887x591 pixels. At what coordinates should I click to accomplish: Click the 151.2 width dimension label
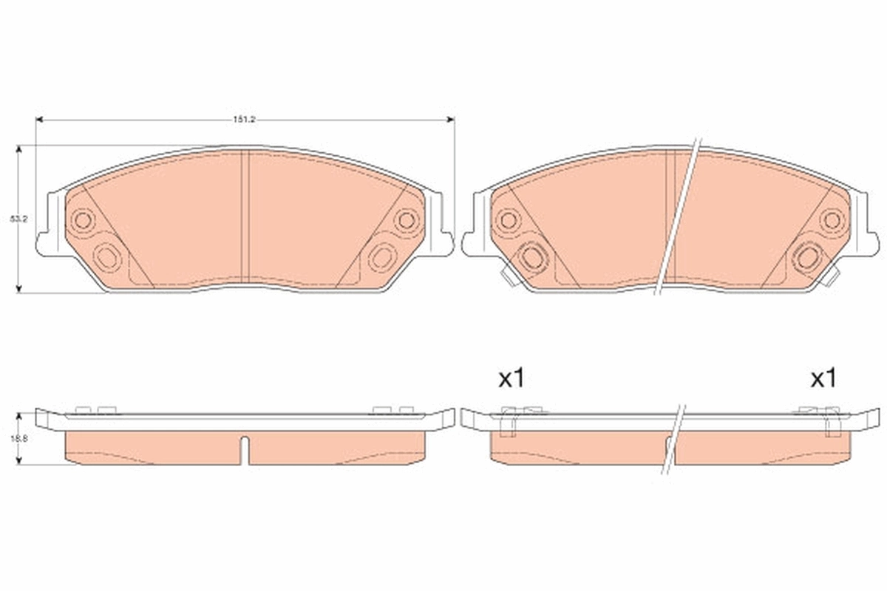click(245, 119)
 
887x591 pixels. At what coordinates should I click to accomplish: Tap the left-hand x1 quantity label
click(511, 379)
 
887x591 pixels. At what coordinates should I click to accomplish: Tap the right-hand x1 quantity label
click(823, 379)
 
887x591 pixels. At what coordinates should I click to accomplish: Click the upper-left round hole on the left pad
click(82, 219)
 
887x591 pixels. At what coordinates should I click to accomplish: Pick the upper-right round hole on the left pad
click(406, 219)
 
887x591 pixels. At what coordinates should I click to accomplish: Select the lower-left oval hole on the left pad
click(108, 256)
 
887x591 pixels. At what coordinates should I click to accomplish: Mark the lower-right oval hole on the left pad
click(382, 256)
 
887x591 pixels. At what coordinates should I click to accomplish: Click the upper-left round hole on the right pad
click(508, 219)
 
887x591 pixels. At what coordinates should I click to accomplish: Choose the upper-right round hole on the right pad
click(832, 219)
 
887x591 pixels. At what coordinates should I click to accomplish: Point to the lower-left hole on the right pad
click(532, 256)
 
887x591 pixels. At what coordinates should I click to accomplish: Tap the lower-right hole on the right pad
click(807, 256)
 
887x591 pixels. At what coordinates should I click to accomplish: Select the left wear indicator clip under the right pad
click(509, 277)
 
